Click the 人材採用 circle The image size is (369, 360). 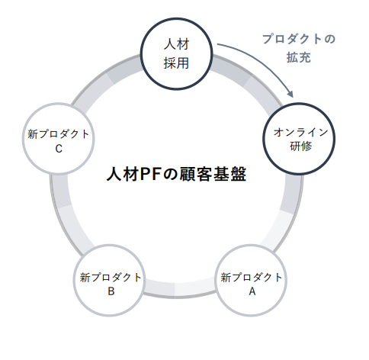175,54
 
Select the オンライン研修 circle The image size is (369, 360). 301,138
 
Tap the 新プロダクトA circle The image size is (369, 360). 252,284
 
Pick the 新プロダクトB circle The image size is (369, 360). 111,284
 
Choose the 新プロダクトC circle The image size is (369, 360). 59,141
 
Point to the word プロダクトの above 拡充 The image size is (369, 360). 298,38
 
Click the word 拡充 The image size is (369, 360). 298,58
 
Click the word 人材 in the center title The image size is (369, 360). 122,175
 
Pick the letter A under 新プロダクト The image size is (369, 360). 252,291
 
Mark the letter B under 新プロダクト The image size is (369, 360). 111,291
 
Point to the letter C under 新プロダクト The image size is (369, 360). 59,149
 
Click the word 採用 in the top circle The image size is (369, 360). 175,63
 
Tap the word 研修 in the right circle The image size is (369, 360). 301,146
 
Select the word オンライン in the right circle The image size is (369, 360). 301,132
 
